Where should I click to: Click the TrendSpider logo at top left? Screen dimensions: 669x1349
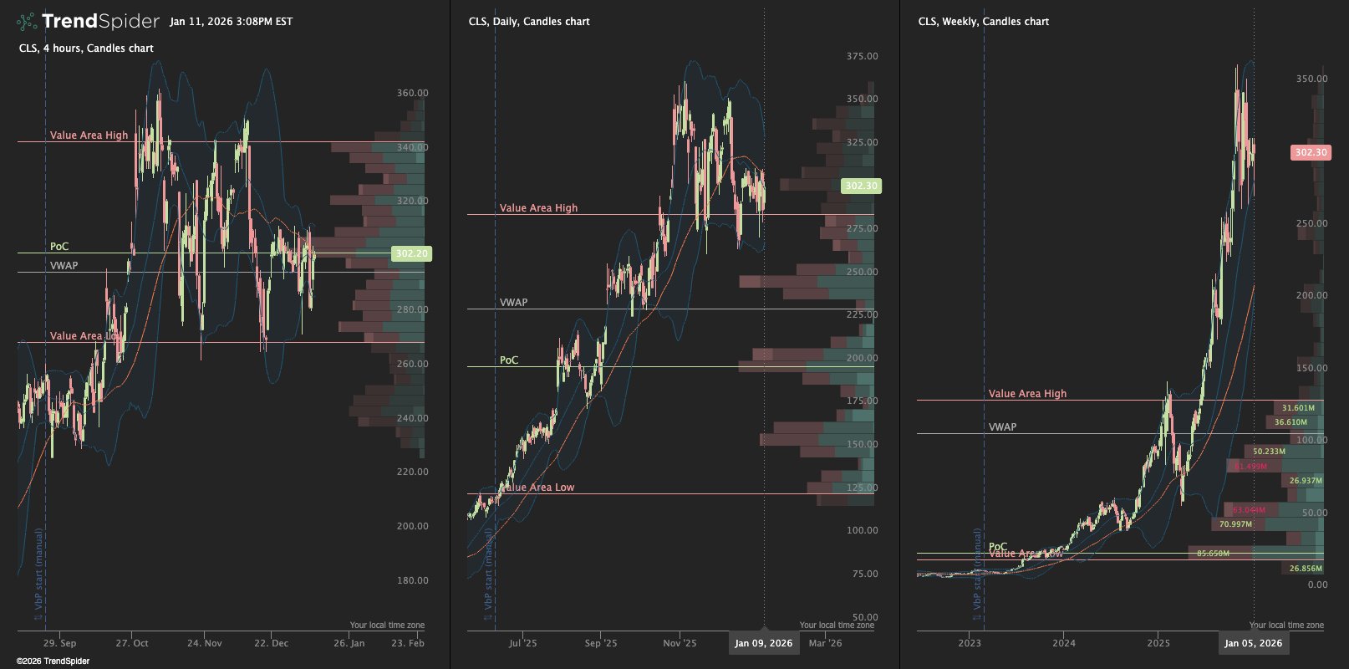[x=88, y=21]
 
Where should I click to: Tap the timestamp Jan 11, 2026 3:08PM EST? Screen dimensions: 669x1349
[x=231, y=22]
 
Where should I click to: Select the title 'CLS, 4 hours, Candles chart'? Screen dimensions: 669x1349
[x=86, y=49]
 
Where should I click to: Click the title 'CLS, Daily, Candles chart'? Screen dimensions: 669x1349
[x=529, y=22]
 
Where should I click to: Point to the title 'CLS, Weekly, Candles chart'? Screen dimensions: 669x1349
[x=983, y=22]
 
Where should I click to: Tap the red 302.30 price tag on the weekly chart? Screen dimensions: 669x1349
[x=1310, y=152]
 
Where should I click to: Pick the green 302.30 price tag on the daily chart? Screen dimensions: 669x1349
[x=860, y=186]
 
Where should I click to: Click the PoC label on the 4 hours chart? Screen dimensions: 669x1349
[x=59, y=247]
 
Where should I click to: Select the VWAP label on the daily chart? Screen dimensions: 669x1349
[x=513, y=303]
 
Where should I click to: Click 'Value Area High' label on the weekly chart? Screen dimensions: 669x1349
[x=1027, y=394]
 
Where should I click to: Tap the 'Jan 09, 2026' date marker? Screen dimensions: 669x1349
[x=763, y=643]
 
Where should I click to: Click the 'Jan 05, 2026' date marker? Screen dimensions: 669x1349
[x=1253, y=643]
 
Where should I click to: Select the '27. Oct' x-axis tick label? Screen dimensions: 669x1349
[x=132, y=643]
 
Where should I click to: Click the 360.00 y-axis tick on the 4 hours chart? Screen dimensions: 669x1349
[x=412, y=94]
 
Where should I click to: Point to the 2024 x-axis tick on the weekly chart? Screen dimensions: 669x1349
[x=1064, y=643]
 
